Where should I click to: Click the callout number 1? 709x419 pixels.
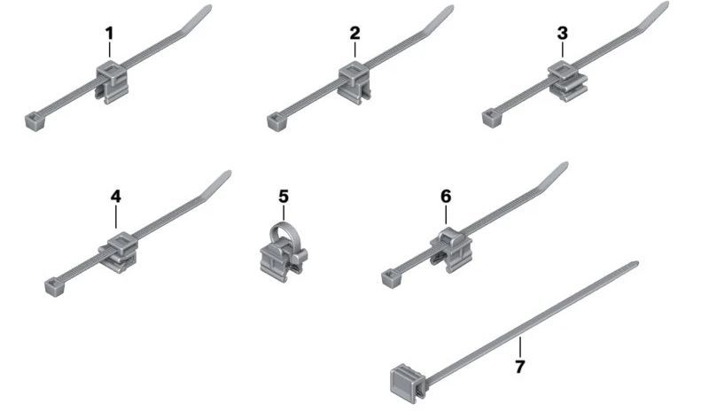click(x=109, y=33)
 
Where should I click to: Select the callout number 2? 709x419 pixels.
click(x=355, y=33)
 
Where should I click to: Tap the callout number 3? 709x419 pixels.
click(x=563, y=33)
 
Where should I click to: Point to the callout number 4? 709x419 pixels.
click(x=116, y=196)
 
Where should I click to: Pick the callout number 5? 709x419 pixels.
click(x=284, y=196)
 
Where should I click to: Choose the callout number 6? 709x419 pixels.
click(x=446, y=196)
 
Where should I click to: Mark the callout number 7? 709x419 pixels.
click(x=520, y=366)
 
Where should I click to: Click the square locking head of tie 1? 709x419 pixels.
click(x=35, y=121)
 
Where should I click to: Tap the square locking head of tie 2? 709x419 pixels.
click(x=277, y=121)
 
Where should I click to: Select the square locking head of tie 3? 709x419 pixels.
click(x=492, y=118)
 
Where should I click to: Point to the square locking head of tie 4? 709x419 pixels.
click(x=54, y=286)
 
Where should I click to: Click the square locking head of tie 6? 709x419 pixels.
click(x=391, y=277)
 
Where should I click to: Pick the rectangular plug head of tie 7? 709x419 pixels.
click(x=408, y=384)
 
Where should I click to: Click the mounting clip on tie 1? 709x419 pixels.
click(x=112, y=82)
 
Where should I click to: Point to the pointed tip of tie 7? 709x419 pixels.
click(x=635, y=263)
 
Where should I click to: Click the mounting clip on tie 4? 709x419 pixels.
click(x=119, y=252)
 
